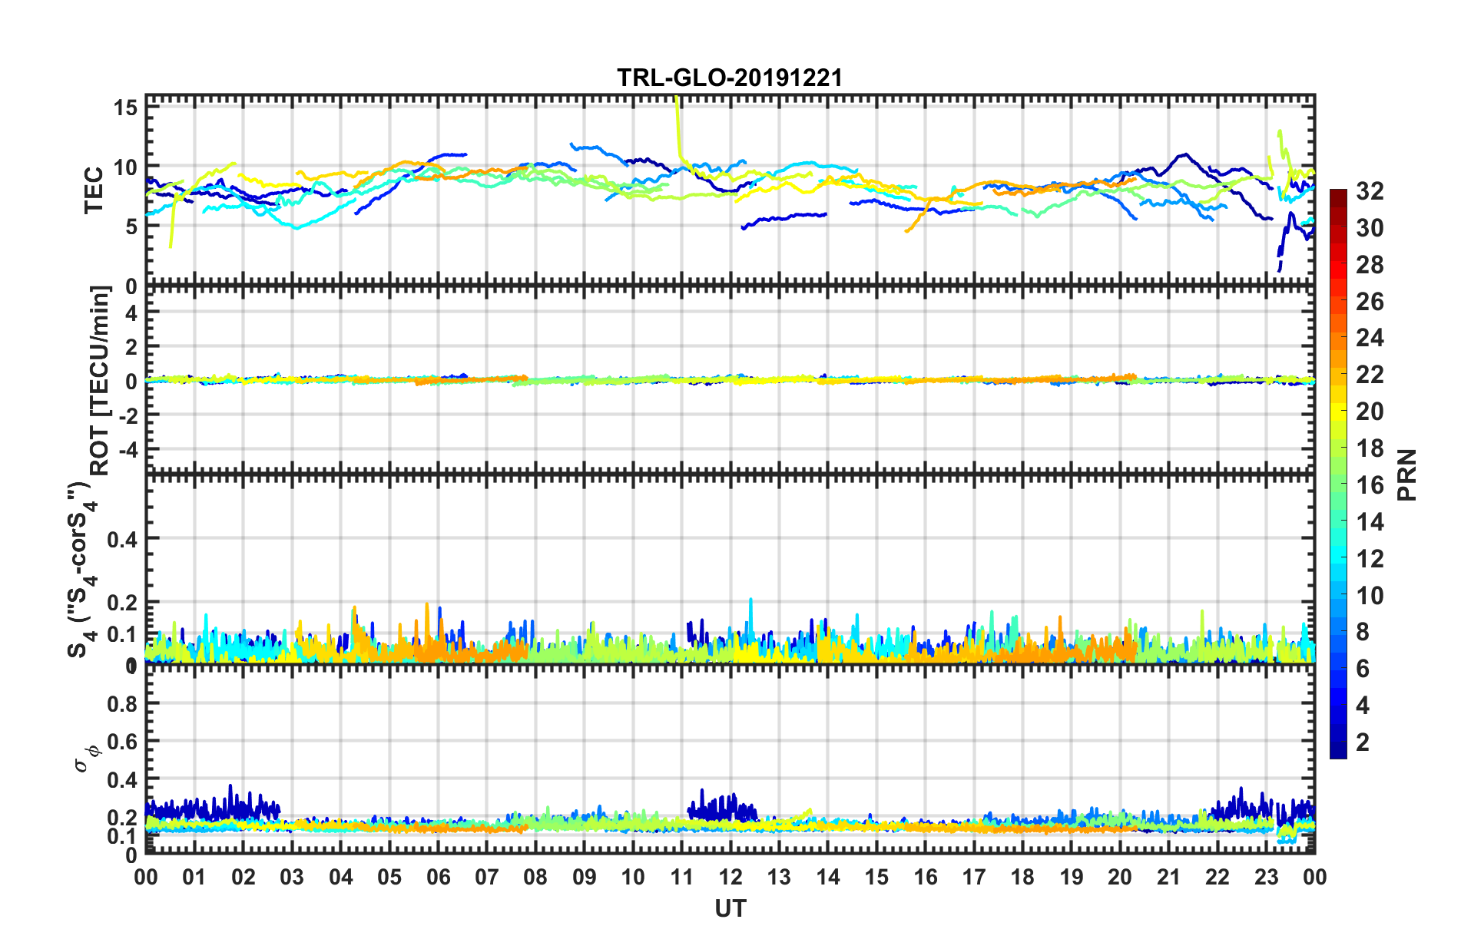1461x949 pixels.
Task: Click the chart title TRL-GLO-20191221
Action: tap(730, 78)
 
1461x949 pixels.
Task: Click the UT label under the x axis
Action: tap(730, 909)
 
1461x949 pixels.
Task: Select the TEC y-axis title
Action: tap(94, 190)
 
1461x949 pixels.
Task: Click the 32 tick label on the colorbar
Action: tap(1370, 191)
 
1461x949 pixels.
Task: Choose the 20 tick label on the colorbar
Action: tap(1370, 412)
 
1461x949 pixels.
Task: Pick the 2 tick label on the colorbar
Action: tap(1363, 742)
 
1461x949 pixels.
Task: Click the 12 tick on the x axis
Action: tap(730, 877)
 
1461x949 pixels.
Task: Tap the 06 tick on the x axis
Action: tap(438, 877)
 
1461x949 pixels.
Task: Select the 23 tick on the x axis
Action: tap(1266, 877)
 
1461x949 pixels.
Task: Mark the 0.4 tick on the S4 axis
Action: tap(123, 539)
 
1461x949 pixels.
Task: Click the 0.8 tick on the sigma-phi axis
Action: tap(123, 703)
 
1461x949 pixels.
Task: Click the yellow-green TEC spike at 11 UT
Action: tap(677, 127)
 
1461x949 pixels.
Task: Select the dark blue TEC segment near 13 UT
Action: tap(784, 218)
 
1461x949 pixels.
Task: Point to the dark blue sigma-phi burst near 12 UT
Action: tap(722, 806)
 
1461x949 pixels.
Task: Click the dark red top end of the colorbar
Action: tap(1338, 193)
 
